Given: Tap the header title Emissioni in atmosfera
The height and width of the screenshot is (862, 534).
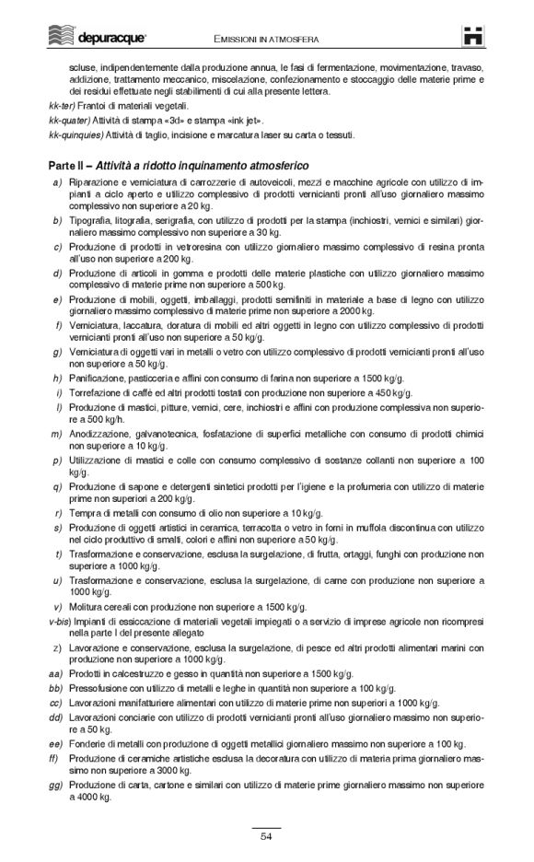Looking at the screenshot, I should pos(267,40).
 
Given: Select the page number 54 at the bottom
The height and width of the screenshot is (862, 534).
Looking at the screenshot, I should pos(266,836).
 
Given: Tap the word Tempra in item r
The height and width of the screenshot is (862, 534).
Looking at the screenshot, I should pos(83,512).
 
